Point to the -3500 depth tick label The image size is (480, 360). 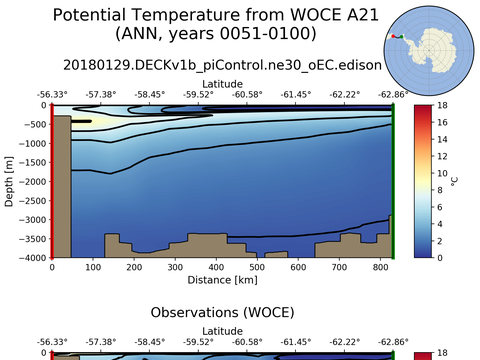(29, 239)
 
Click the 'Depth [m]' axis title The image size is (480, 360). (9, 181)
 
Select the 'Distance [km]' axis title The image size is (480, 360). (222, 280)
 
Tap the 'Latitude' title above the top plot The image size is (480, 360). (222, 83)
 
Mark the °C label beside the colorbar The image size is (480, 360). (454, 181)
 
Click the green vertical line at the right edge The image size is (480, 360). (393, 181)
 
